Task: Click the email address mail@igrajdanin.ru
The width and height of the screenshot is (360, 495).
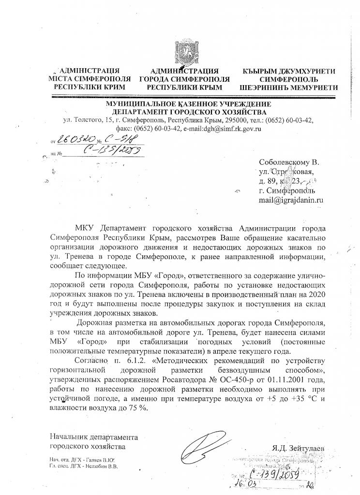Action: click(x=292, y=199)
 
